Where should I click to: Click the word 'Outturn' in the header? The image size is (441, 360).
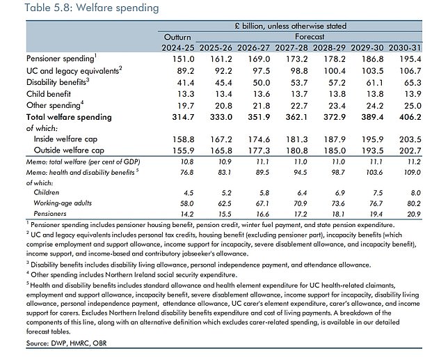click(177, 36)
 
